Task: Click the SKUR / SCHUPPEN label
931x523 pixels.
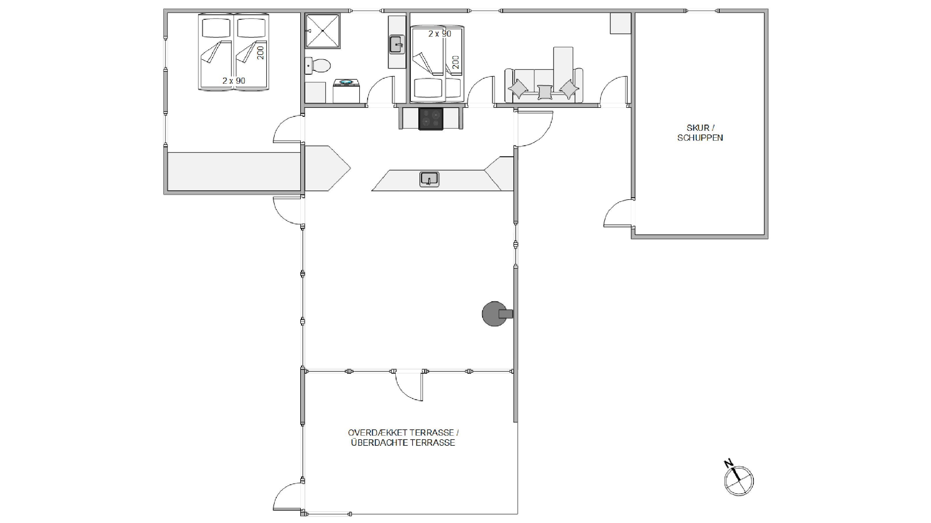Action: click(x=700, y=132)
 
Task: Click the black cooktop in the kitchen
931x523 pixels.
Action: click(x=431, y=119)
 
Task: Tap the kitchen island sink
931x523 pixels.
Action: click(x=429, y=179)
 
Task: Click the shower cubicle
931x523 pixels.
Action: click(x=322, y=31)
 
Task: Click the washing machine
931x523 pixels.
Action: click(x=346, y=91)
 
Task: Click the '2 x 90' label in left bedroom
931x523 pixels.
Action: click(x=234, y=81)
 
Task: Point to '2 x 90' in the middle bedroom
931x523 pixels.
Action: click(x=440, y=34)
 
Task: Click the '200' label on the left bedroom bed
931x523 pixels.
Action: click(x=261, y=53)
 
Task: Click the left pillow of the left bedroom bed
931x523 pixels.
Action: click(x=216, y=28)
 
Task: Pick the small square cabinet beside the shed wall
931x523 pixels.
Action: click(x=620, y=24)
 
